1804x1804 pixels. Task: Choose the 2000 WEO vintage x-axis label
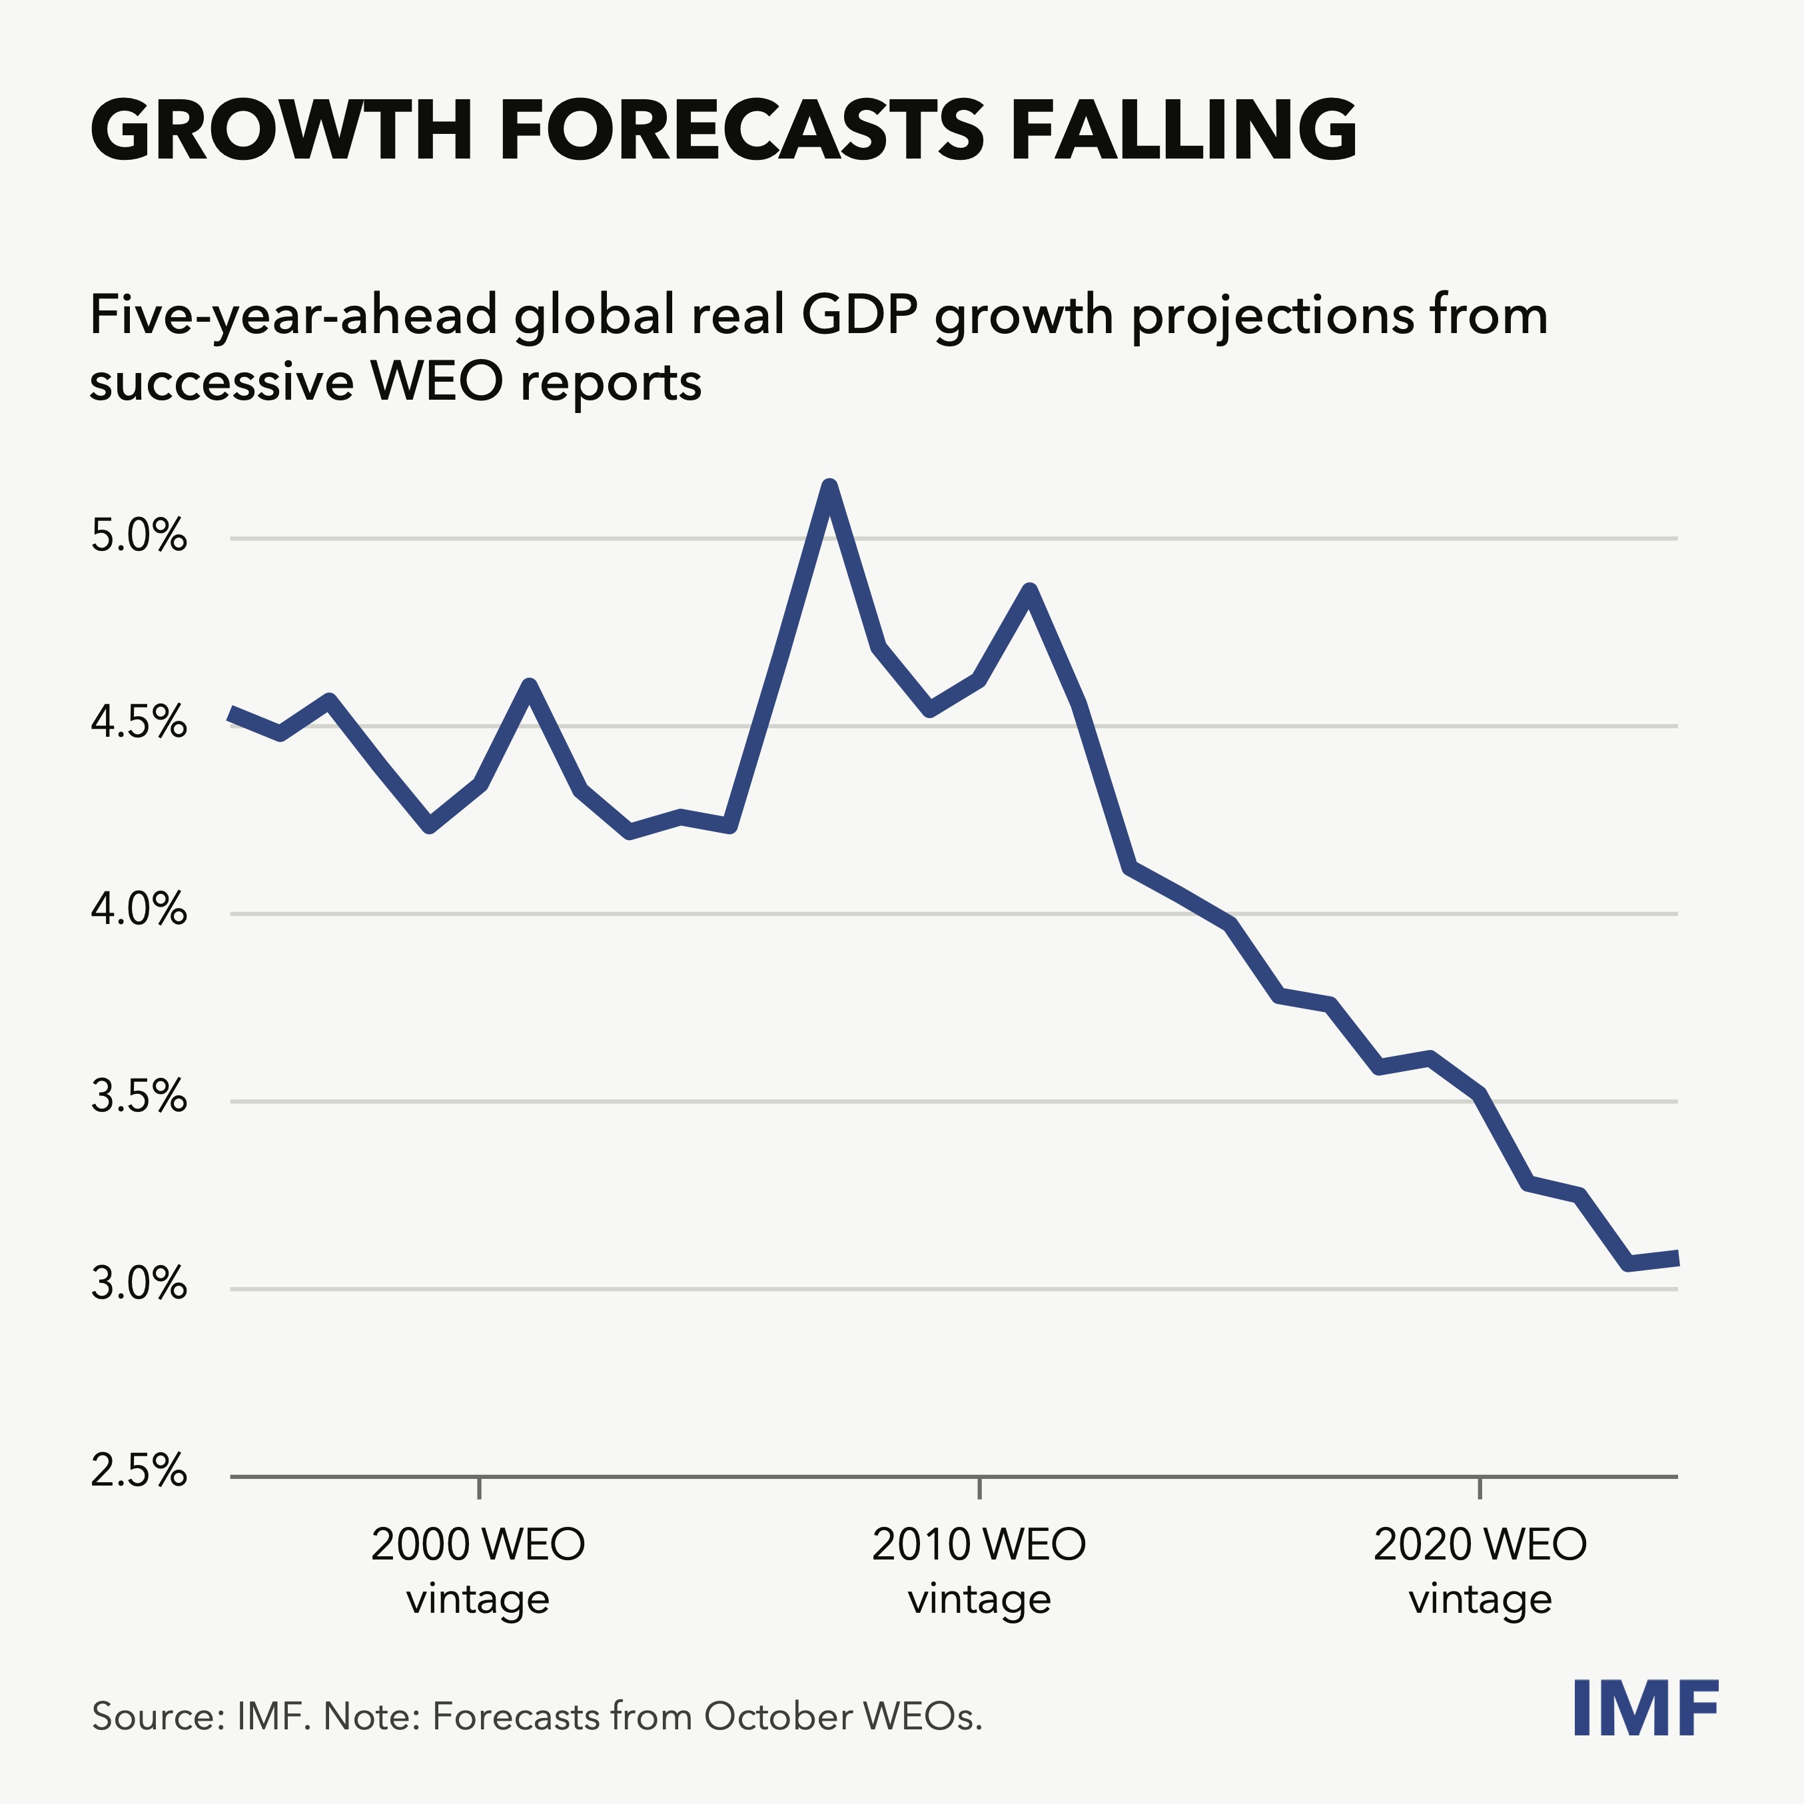(478, 1572)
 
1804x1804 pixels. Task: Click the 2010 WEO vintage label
(979, 1572)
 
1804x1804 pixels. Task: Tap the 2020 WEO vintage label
(1480, 1572)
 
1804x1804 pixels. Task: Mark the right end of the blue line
(1676, 1258)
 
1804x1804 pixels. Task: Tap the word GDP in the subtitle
(861, 316)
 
